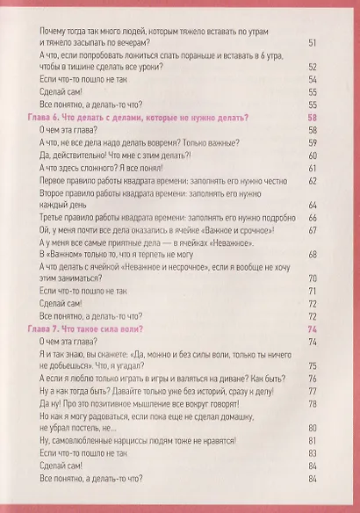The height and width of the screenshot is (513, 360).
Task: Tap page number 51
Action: [312, 41]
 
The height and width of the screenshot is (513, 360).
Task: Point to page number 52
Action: [312, 67]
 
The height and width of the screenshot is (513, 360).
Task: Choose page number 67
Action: [312, 229]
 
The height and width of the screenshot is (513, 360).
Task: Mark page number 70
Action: [312, 278]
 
